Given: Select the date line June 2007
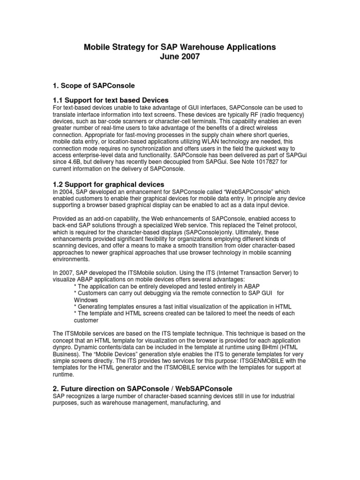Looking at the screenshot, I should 180,57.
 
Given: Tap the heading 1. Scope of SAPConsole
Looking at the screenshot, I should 93,85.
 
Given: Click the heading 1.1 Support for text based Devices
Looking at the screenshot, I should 111,100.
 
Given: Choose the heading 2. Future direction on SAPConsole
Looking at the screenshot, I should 142,388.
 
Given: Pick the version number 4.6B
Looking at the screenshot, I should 76,162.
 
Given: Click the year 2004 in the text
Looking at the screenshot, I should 66,193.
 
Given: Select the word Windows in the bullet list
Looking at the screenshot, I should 86,300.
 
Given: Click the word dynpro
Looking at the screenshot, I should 63,347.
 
